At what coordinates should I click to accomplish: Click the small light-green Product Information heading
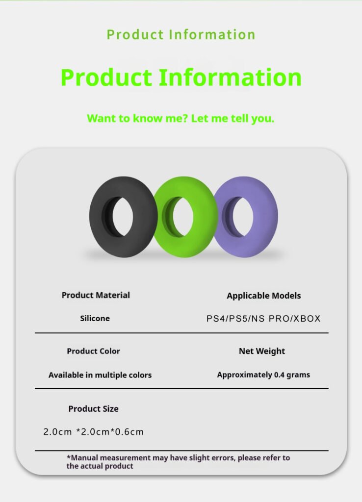coord(181,35)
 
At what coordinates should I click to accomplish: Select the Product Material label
coord(96,295)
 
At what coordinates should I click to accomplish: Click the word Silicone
coord(95,318)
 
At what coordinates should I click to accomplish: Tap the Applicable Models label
coord(263,296)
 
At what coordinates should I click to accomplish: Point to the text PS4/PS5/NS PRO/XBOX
coord(263,319)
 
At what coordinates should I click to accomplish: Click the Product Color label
coord(93,351)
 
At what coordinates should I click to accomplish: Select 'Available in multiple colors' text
coord(100,375)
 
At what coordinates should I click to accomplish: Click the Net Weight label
coord(262,351)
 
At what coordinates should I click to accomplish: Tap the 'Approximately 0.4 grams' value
coord(263,375)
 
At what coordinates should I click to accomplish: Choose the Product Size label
coord(93,409)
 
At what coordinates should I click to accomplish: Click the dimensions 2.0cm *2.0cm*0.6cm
coord(93,432)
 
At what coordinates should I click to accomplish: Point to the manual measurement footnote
coord(178,462)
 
